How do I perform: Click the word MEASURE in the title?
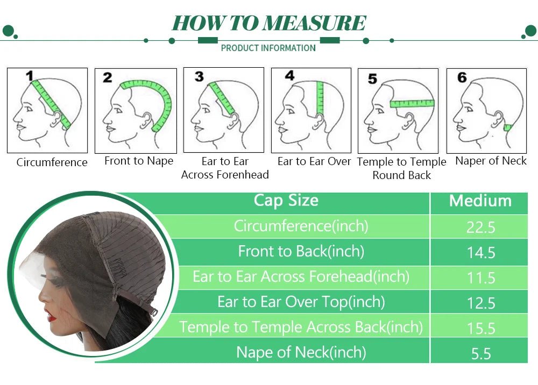(x=315, y=23)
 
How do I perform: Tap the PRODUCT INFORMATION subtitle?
(x=268, y=48)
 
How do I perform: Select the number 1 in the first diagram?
(x=30, y=76)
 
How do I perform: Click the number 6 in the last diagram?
(x=462, y=77)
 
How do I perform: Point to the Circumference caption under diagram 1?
(x=52, y=162)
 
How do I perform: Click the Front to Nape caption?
(x=139, y=161)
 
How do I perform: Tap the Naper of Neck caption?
(x=491, y=161)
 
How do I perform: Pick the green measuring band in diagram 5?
(x=412, y=103)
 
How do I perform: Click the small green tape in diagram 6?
(x=507, y=127)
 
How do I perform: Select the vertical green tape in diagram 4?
(x=320, y=98)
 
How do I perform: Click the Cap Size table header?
(x=286, y=200)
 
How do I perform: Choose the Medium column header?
(x=480, y=201)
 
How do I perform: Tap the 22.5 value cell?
(x=480, y=227)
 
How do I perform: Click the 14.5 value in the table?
(x=481, y=253)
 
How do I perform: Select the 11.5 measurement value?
(x=481, y=277)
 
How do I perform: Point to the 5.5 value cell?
(x=481, y=354)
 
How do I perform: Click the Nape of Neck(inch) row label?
(x=301, y=352)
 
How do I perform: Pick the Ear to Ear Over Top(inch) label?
(x=301, y=302)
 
